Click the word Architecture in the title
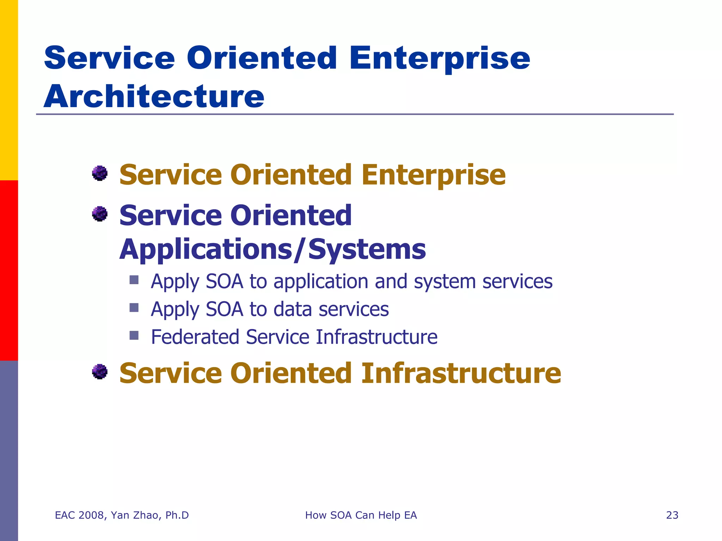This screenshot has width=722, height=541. (x=154, y=97)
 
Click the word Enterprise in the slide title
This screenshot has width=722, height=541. (x=439, y=58)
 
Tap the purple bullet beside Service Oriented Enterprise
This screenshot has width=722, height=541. (x=100, y=173)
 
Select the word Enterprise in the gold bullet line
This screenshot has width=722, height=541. (x=433, y=175)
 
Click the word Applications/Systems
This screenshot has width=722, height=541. (x=273, y=249)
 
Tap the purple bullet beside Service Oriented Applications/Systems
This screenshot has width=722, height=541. (x=100, y=214)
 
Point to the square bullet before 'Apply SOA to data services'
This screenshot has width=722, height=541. (x=134, y=308)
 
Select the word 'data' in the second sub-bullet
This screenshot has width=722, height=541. (x=293, y=309)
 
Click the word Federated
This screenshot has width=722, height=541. (x=195, y=337)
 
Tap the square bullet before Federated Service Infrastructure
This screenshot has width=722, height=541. (x=134, y=335)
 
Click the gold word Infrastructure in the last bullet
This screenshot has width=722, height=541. (x=461, y=373)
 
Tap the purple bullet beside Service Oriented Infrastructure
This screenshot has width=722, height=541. (x=100, y=372)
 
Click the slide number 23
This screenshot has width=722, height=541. (x=672, y=515)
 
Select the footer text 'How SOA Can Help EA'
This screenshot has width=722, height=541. (x=361, y=515)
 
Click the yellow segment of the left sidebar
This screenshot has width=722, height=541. (x=9, y=90)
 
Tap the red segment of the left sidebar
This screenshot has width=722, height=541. (x=9, y=270)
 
